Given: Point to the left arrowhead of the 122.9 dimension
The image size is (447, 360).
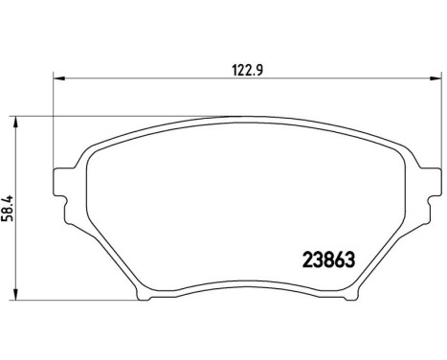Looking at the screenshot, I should (x=56, y=76).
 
